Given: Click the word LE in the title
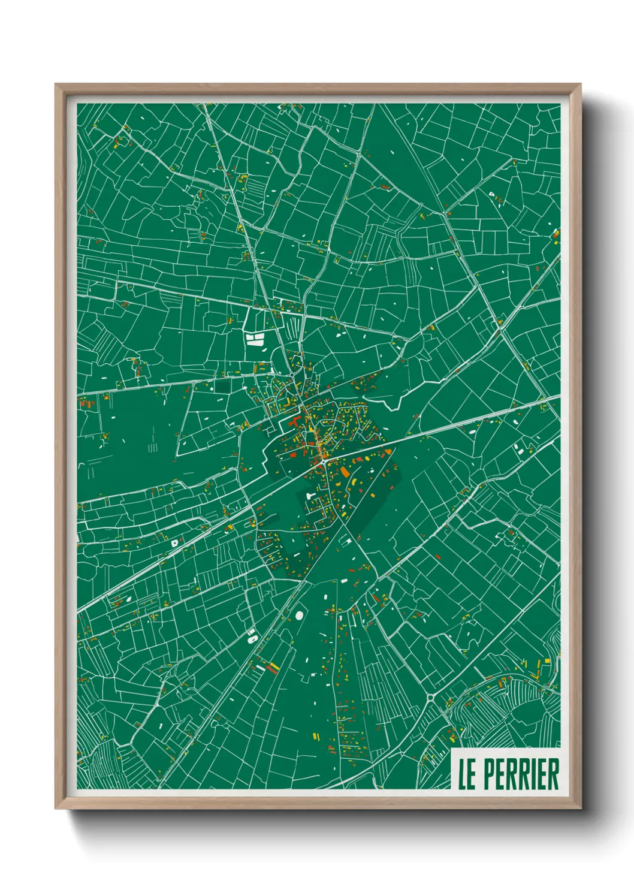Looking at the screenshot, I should point(467,774).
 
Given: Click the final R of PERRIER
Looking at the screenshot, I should point(553,774).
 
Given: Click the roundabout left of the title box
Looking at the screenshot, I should point(430,698).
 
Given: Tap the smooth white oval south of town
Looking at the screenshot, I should point(299,616).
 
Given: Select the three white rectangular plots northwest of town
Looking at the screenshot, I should point(255,340).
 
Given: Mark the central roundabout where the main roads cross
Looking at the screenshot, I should point(323,460).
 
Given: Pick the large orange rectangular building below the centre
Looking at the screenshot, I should point(345,473).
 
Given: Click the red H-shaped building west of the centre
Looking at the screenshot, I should point(294,422).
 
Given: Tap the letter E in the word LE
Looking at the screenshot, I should point(472,774).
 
